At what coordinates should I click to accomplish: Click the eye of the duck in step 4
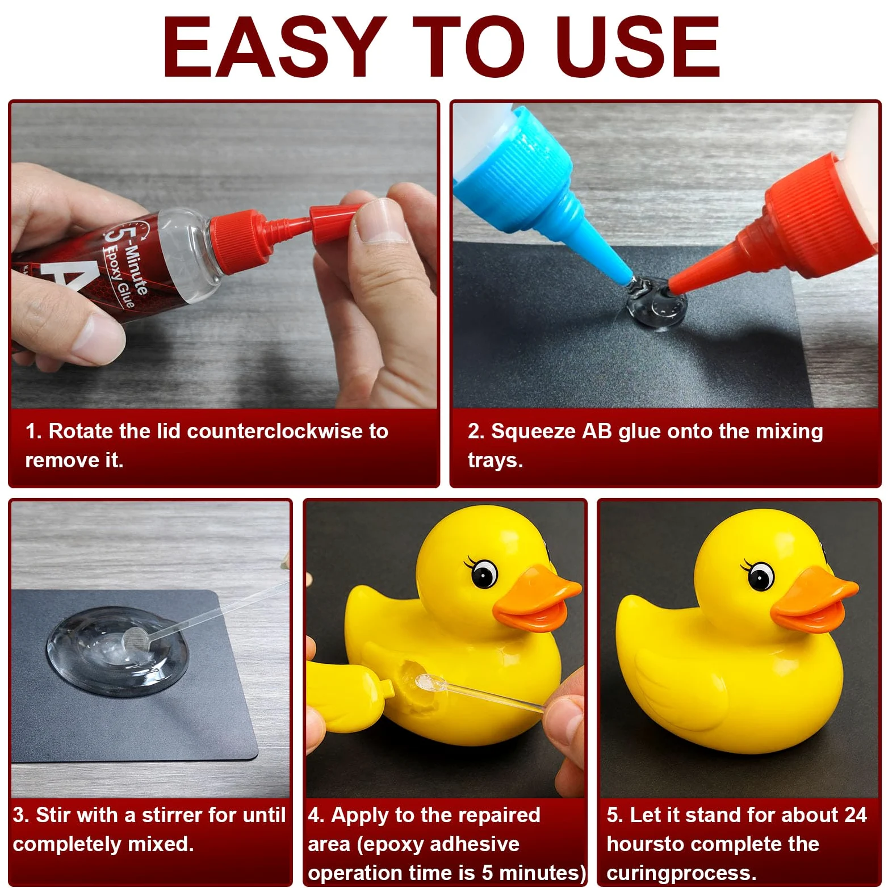point(484,573)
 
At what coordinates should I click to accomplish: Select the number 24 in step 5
point(855,815)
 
